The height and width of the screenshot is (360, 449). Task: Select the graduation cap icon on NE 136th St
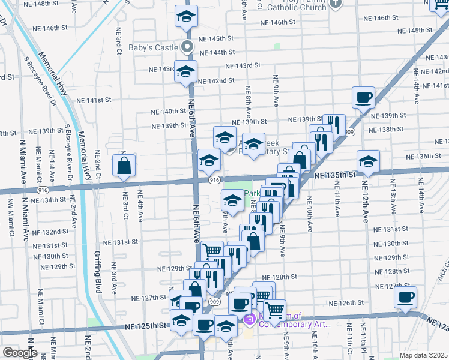point(368,161)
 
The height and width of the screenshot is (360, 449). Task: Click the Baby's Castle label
point(154,47)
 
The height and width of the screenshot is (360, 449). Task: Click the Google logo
point(20,353)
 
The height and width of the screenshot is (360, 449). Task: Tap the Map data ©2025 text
point(424,355)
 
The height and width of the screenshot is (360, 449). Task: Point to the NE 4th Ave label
point(141,206)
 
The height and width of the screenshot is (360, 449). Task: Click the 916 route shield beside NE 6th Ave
point(213,180)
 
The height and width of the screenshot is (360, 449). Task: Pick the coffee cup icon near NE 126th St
point(406,296)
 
